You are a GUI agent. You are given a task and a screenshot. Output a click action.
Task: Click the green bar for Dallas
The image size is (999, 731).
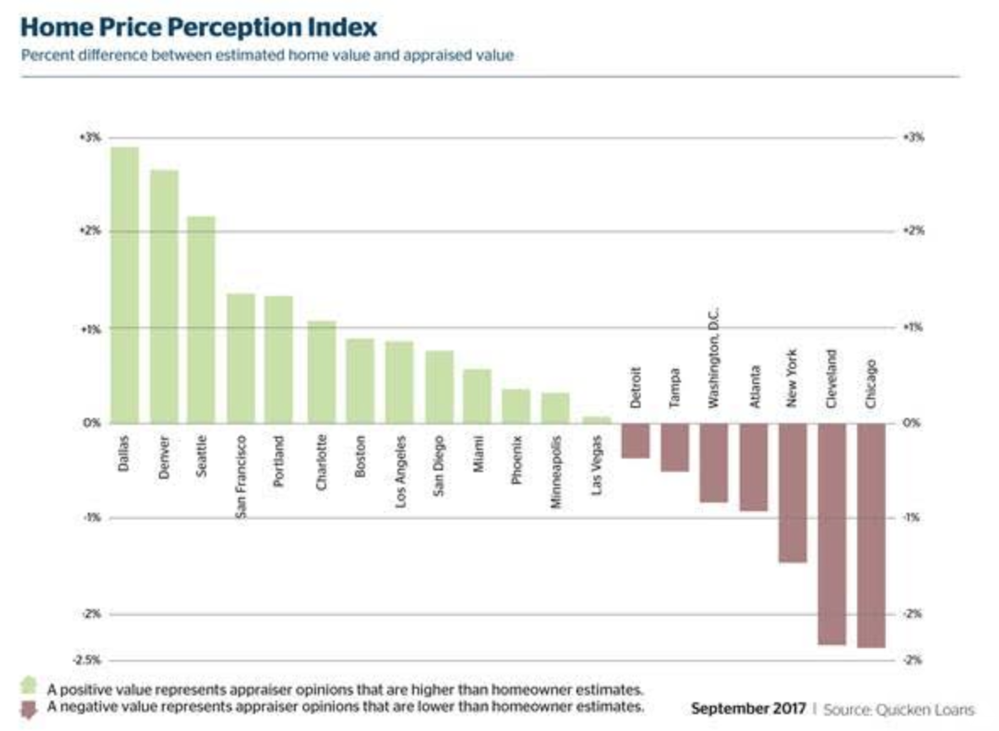click(124, 284)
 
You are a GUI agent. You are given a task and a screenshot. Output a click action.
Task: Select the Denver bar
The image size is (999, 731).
click(164, 296)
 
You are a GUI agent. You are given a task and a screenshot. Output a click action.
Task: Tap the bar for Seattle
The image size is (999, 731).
click(201, 319)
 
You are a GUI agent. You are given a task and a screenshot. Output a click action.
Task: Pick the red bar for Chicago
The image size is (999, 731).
click(871, 535)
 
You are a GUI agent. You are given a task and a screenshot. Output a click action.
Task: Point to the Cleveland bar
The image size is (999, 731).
click(832, 533)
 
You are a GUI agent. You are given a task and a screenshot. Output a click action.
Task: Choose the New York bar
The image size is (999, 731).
click(792, 492)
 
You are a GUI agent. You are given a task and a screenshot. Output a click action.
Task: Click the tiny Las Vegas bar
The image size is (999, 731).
click(597, 420)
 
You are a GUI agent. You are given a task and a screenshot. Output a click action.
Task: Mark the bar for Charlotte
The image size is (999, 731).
click(321, 371)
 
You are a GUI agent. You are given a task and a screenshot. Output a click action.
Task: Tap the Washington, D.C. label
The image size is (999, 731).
click(713, 360)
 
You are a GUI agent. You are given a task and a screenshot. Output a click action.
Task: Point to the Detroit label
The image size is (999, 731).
click(636, 387)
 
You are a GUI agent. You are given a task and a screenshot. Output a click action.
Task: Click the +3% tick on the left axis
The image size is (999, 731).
click(89, 137)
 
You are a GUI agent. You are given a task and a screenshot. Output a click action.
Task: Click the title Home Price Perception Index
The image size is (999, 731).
click(199, 27)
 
